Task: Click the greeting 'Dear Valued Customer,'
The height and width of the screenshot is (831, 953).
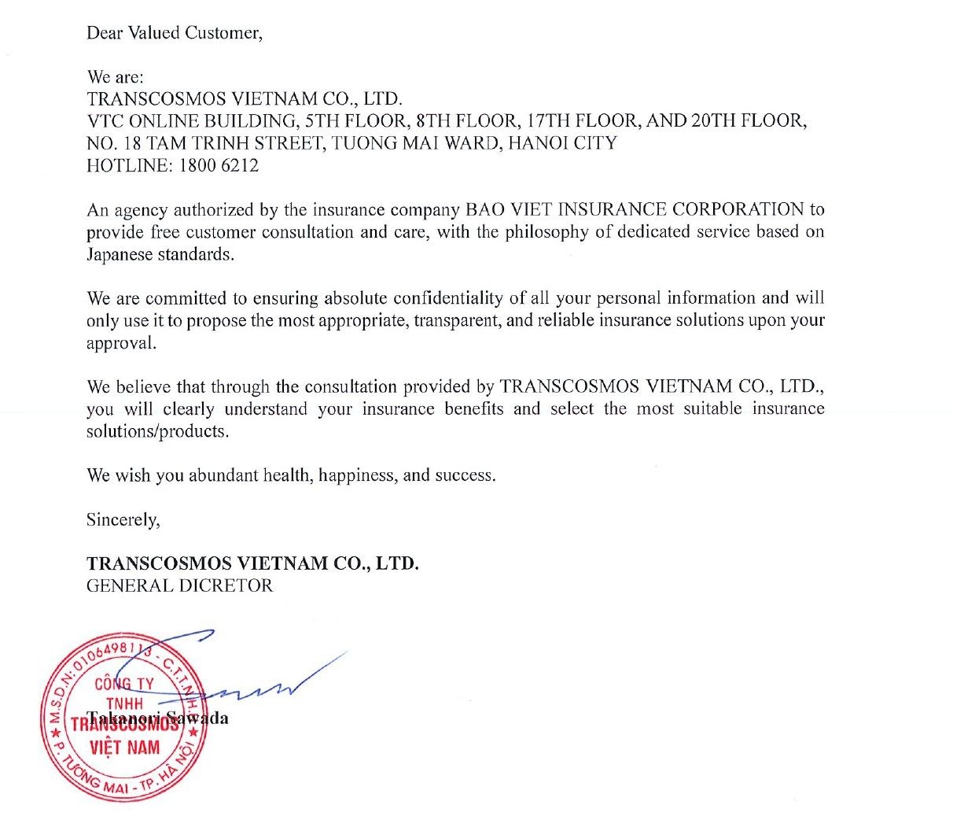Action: [x=174, y=33]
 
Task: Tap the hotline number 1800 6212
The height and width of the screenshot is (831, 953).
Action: [x=219, y=166]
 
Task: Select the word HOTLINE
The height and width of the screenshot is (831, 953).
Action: [x=128, y=166]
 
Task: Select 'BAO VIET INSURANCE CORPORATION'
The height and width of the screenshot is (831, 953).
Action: [x=635, y=210]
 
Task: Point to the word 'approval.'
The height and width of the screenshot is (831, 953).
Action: [x=121, y=344]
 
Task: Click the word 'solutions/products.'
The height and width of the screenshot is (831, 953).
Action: [x=157, y=432]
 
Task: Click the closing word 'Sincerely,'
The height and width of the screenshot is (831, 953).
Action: [x=123, y=520]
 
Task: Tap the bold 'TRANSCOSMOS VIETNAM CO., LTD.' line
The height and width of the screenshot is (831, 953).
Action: [x=252, y=564]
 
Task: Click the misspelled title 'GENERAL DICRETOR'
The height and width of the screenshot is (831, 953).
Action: [x=180, y=586]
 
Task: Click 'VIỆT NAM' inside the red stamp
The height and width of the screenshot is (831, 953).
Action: [x=124, y=747]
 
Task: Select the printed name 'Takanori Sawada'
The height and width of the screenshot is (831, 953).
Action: [x=157, y=718]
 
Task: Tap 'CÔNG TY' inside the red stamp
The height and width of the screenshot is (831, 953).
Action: [x=124, y=684]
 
